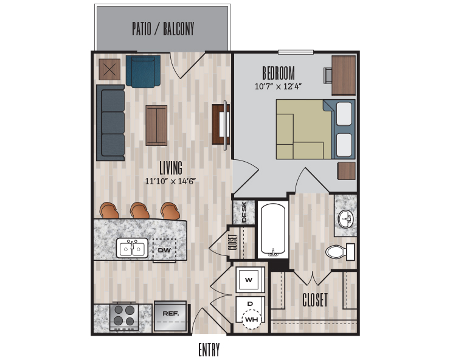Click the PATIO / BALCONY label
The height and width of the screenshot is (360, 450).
click(163, 29)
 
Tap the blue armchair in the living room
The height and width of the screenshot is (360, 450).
click(143, 71)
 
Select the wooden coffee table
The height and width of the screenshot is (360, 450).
click(156, 125)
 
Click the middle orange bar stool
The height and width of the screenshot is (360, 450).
click(139, 210)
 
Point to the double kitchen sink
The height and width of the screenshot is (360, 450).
click(133, 247)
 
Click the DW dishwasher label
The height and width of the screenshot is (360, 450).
click(164, 250)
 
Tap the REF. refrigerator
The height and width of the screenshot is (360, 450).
click(170, 316)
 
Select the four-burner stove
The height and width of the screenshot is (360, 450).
click(124, 317)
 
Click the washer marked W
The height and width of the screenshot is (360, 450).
click(249, 280)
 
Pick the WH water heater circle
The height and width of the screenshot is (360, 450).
click(252, 319)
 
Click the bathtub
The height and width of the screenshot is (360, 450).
click(273, 229)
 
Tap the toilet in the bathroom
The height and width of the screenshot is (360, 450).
click(340, 252)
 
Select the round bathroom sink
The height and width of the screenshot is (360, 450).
click(347, 220)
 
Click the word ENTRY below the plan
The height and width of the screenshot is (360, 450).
click(209, 350)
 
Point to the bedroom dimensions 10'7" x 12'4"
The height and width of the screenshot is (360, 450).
click(278, 86)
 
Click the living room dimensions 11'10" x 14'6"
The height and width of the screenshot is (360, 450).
click(170, 181)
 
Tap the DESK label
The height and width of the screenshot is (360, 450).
click(244, 212)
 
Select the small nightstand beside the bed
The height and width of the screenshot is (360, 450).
click(347, 171)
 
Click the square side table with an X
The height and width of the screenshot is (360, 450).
click(109, 69)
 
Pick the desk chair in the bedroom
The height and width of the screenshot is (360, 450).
click(328, 75)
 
